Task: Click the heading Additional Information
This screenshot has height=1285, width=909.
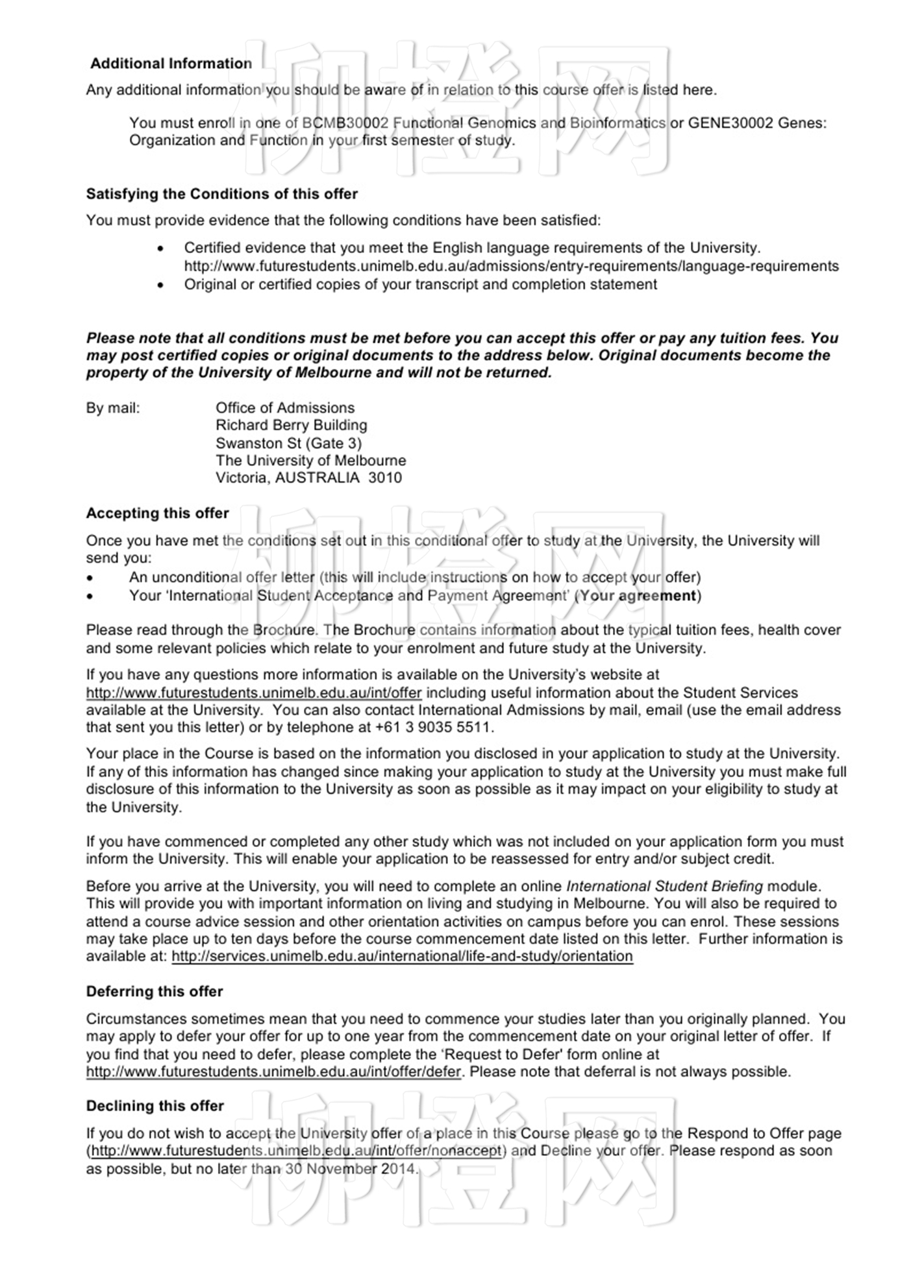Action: (x=171, y=64)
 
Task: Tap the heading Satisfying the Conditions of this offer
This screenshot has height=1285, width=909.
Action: (x=222, y=194)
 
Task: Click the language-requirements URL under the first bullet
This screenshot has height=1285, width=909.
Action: (x=511, y=266)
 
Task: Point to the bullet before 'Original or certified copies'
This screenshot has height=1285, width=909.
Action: (x=160, y=285)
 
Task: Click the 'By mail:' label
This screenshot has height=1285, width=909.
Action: (x=113, y=408)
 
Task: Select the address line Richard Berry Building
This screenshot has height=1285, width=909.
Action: (x=292, y=425)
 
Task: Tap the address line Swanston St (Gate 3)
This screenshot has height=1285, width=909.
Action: (x=288, y=443)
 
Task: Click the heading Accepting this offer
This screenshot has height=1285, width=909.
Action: (x=158, y=513)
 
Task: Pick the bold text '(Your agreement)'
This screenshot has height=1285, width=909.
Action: (x=638, y=596)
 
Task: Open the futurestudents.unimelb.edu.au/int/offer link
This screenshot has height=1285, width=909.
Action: (x=254, y=693)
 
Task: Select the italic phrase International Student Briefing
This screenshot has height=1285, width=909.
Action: (x=665, y=886)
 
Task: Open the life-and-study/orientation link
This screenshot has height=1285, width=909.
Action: (x=402, y=957)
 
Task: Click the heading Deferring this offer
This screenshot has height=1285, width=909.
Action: (x=155, y=992)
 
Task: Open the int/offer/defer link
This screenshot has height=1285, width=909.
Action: (x=273, y=1071)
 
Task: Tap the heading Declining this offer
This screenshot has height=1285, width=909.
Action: (x=155, y=1106)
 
